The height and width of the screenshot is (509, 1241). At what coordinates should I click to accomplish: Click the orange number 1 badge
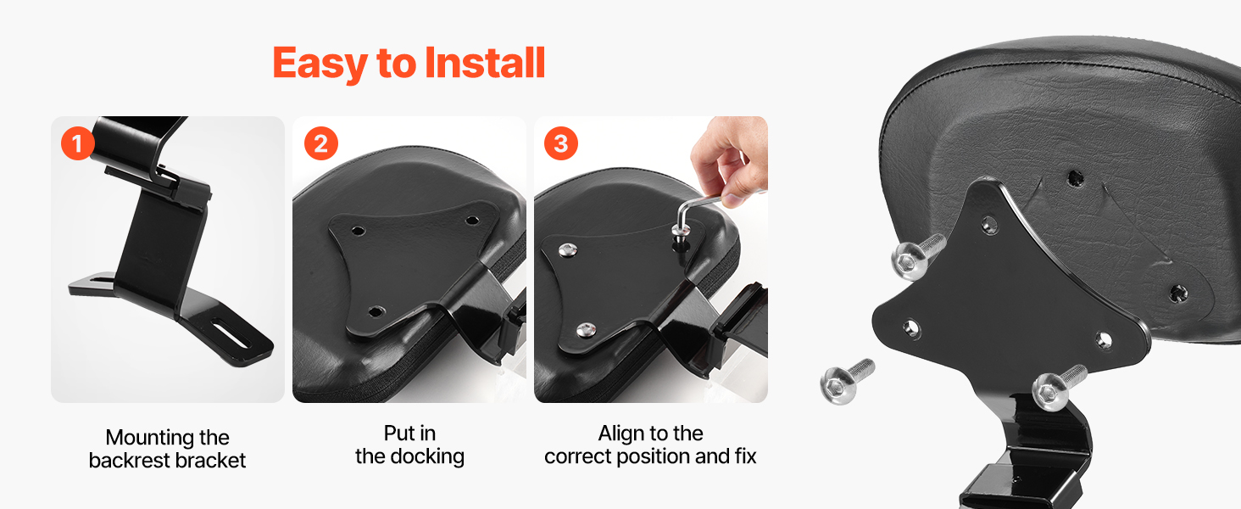(78, 143)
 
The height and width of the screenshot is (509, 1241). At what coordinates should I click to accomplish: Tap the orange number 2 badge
(320, 143)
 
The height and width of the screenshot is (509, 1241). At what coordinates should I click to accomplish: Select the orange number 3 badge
(560, 143)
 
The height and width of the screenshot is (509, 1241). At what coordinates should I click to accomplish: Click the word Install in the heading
(485, 63)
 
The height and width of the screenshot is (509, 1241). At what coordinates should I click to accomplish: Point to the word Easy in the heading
(320, 64)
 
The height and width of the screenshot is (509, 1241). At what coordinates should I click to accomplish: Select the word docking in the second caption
(427, 457)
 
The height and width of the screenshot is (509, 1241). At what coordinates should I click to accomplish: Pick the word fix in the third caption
(746, 456)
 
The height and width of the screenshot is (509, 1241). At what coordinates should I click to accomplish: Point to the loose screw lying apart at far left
(846, 381)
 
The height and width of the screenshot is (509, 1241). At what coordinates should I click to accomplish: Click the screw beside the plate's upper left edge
(917, 257)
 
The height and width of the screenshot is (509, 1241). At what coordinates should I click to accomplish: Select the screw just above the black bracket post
(1058, 388)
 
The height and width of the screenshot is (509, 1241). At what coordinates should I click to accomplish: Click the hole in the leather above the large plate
(1076, 178)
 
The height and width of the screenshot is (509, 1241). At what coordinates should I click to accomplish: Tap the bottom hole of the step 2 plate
(375, 311)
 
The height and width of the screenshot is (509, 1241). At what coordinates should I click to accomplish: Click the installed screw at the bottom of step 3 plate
(586, 331)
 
